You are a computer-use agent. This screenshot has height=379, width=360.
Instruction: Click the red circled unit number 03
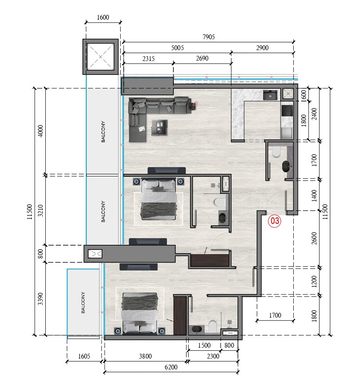pyautogui.click(x=275, y=221)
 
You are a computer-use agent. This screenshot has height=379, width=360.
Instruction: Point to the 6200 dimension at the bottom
pyautogui.click(x=171, y=367)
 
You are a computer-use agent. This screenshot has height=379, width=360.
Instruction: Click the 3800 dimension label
pyautogui.click(x=145, y=356)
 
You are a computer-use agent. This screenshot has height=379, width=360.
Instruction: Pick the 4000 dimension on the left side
pyautogui.click(x=41, y=131)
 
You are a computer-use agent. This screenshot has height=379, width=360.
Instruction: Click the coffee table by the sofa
pyautogui.click(x=159, y=127)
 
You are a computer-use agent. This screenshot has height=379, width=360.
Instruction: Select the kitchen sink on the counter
pyautogui.click(x=270, y=95)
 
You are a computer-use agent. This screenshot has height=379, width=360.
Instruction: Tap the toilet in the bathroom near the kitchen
pyautogui.click(x=275, y=152)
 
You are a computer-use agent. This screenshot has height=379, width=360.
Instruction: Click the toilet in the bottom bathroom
pyautogui.click(x=213, y=326)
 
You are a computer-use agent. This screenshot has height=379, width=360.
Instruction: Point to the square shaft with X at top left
pyautogui.click(x=101, y=57)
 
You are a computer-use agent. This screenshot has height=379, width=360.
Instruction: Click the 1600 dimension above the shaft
pyautogui.click(x=102, y=18)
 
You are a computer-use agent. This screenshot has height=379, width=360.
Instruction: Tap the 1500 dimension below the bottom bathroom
pyautogui.click(x=204, y=345)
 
